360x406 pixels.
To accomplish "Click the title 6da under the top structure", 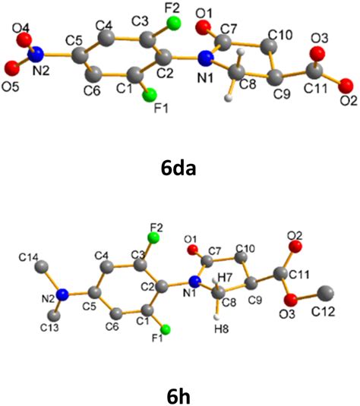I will [179, 168].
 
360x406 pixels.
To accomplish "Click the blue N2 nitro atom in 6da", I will [42, 54].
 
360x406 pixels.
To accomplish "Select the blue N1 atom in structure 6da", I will [205, 59].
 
